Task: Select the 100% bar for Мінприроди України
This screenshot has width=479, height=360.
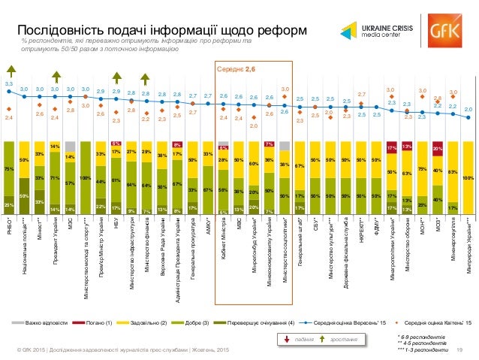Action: (x=467, y=176)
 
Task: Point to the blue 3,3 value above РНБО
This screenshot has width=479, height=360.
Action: (x=9, y=83)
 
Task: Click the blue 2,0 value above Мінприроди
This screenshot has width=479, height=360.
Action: (x=467, y=110)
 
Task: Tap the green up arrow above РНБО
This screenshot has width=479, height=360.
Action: (x=9, y=75)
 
